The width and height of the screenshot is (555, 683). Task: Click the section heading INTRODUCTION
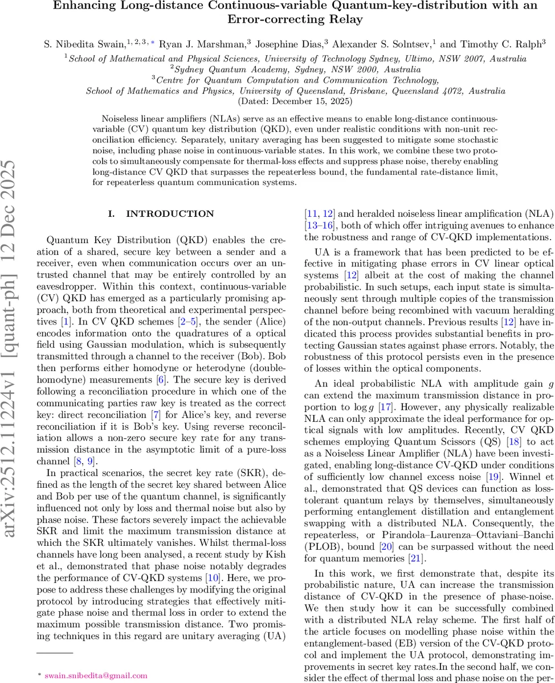[x=162, y=214]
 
